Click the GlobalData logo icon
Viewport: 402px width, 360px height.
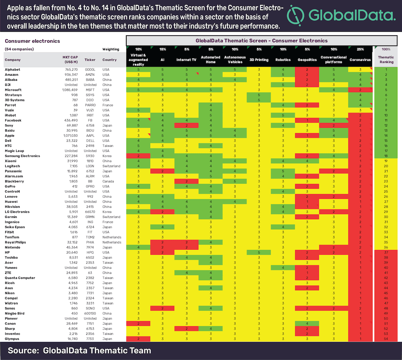pos(295,16)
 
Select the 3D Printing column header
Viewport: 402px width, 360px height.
pos(259,60)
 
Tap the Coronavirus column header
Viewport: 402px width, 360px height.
pos(360,60)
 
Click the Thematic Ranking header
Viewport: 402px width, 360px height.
pos(386,60)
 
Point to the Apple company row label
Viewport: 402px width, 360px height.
pos(10,136)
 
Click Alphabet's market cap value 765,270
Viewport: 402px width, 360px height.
pos(71,70)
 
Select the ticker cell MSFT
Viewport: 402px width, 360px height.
pos(90,90)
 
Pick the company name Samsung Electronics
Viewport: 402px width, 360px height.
pos(22,156)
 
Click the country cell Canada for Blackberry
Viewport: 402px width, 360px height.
pos(108,181)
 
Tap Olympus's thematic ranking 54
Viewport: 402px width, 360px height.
pos(386,339)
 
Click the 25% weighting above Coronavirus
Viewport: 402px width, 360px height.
pos(360,49)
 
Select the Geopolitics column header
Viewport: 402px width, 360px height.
pos(307,60)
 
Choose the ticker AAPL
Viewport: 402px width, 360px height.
pos(90,136)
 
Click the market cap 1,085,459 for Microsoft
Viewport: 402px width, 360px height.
pos(70,90)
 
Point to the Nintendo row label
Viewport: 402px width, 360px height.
pos(12,247)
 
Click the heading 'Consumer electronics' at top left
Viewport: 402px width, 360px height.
pos(32,41)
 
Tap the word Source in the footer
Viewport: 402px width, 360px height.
pos(23,351)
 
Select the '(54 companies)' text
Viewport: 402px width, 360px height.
pos(19,49)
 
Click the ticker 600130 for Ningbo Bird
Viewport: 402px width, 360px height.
pos(90,313)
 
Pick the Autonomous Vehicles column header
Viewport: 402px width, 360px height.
pos(235,60)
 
